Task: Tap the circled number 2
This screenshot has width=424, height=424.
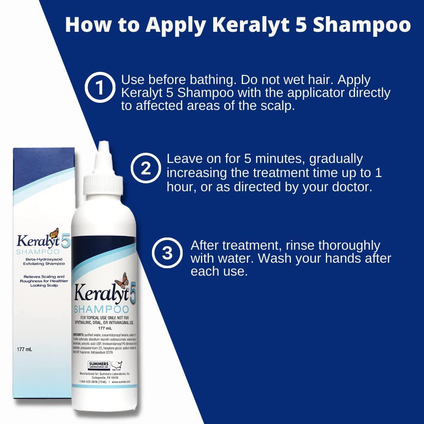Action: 146,168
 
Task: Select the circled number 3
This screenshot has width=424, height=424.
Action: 168,253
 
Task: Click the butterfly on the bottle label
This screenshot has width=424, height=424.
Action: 122,280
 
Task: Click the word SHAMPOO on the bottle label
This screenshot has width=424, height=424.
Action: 101,309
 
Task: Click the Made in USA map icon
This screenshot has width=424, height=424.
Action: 117,365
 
